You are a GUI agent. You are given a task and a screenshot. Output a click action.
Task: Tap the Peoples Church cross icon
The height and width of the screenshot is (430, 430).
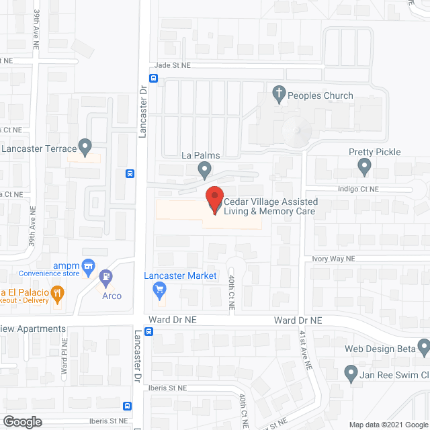(x=279, y=95)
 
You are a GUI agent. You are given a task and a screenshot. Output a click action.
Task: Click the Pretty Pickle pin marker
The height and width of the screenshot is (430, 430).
(x=365, y=165)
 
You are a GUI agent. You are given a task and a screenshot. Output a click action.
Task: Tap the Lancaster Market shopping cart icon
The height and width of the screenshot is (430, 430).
(x=160, y=290)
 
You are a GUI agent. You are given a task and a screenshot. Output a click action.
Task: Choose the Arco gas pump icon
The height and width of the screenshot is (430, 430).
(x=105, y=276)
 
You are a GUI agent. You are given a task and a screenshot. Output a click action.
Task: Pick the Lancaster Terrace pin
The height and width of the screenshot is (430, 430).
(x=85, y=146)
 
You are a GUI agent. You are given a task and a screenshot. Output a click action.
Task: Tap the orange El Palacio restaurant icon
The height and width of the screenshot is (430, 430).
(x=58, y=292)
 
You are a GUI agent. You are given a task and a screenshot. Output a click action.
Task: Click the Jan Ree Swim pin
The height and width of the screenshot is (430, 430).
(x=350, y=372)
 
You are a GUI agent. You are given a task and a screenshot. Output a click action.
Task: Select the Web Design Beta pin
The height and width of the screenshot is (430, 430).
(x=423, y=347)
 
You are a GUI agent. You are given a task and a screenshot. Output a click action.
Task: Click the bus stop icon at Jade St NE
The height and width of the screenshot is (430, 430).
(x=154, y=78)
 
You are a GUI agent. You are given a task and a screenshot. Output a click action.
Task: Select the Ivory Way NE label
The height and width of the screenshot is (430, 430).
(x=337, y=258)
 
